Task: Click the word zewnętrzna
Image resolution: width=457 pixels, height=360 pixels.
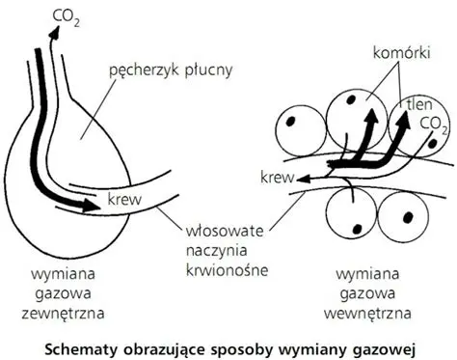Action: (x=63, y=314)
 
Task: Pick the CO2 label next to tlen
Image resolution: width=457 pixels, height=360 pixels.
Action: (x=435, y=123)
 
